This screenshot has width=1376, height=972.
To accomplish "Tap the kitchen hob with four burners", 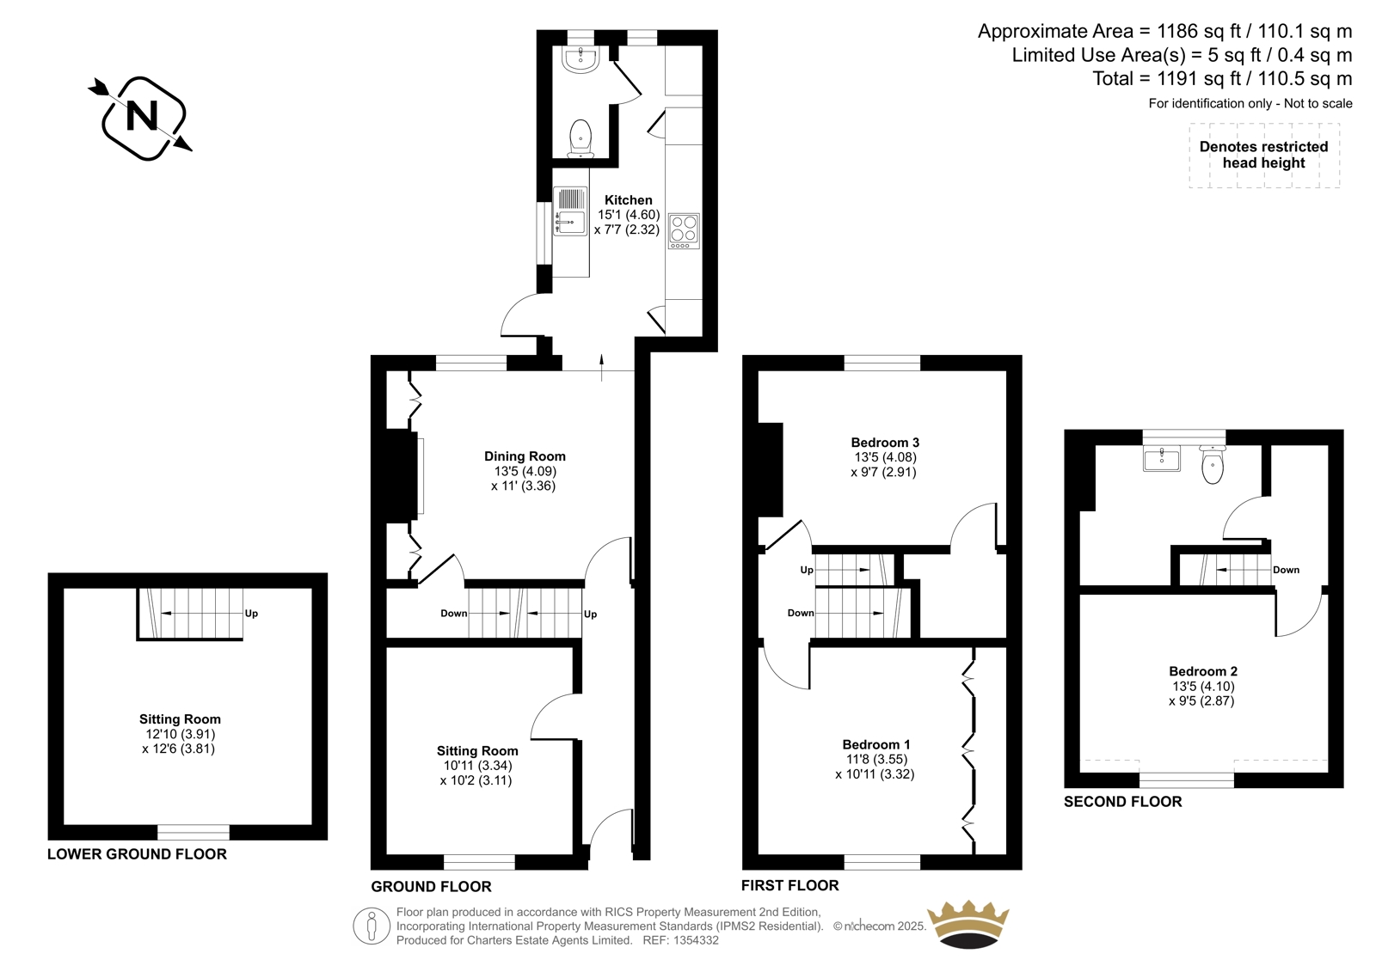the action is coord(684,231).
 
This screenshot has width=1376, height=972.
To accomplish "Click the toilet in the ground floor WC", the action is coord(580,138).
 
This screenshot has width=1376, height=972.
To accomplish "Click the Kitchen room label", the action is coord(629,200).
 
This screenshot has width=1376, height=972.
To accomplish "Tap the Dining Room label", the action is coord(525,456).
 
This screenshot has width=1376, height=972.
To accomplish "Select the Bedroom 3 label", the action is coord(885,442).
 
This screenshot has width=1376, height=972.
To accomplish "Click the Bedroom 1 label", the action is coord(876,745).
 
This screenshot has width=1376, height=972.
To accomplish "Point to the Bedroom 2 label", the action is coord(1203,671).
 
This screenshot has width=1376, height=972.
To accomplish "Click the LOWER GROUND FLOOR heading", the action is coord(137,854).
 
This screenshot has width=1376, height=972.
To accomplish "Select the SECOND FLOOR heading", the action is coord(1123,801).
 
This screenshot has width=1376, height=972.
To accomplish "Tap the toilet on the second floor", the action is coord(1213,465).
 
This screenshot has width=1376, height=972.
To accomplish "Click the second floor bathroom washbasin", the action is coord(1161,459).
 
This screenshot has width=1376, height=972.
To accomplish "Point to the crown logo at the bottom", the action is coord(968,924).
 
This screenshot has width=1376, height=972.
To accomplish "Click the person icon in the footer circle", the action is coord(371,926).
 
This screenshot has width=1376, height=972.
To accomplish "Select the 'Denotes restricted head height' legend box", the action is coord(1264,156).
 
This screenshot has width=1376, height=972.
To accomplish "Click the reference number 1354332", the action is coord(696,940).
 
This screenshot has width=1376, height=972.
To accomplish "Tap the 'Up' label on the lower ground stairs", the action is coord(251,614).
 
